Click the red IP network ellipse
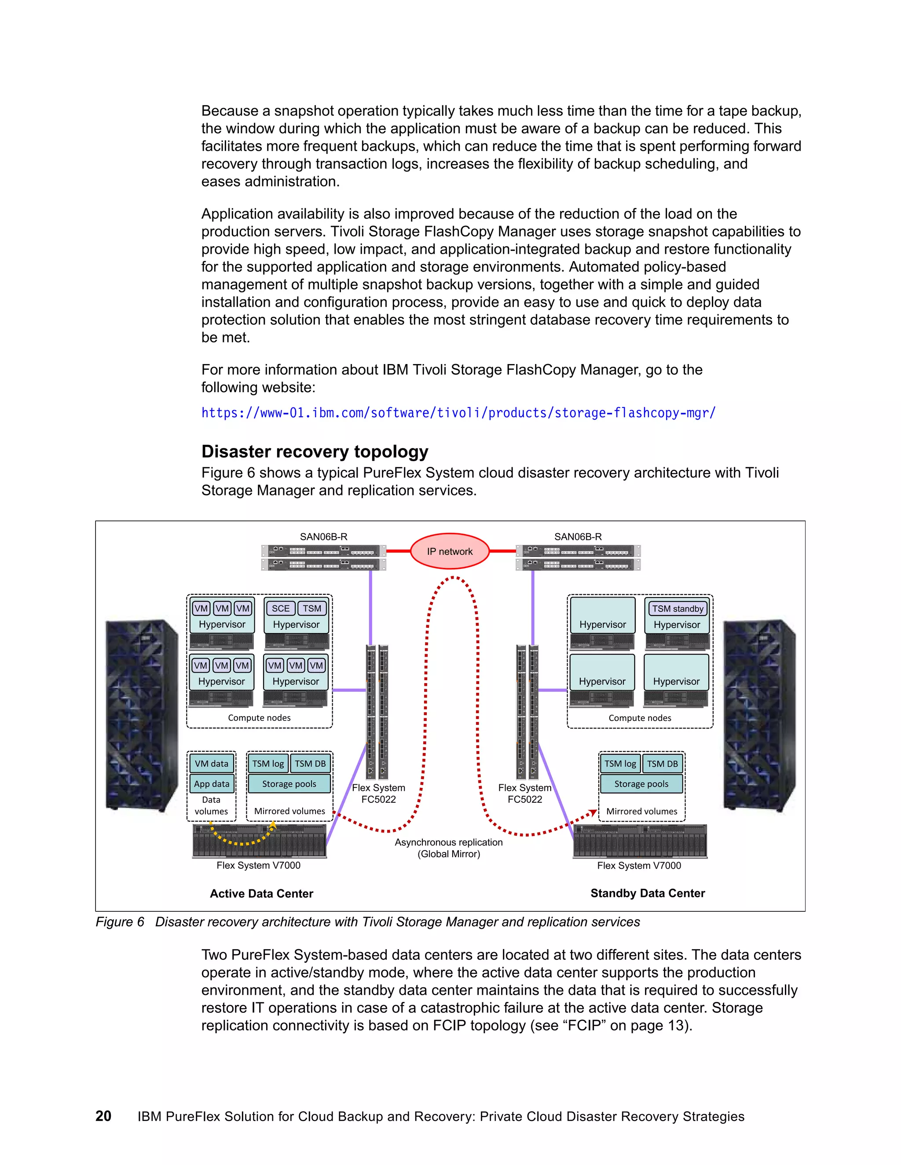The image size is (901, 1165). pyautogui.click(x=450, y=551)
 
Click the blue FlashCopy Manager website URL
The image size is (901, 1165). pyautogui.click(x=458, y=413)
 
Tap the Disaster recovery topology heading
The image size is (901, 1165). pyautogui.click(x=315, y=451)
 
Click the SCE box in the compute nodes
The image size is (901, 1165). pyautogui.click(x=280, y=608)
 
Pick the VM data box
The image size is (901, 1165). pyautogui.click(x=211, y=763)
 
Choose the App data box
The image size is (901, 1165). pyautogui.click(x=211, y=783)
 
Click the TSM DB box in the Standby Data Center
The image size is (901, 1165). pyautogui.click(x=663, y=763)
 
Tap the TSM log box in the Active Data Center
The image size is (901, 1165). pyautogui.click(x=268, y=763)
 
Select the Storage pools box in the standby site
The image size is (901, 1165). pyautogui.click(x=641, y=783)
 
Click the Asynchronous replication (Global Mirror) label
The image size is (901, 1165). pyautogui.click(x=448, y=848)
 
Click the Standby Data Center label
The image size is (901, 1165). pyautogui.click(x=648, y=893)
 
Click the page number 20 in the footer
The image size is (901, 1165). pyautogui.click(x=103, y=1116)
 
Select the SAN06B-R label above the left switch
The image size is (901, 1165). pyautogui.click(x=323, y=537)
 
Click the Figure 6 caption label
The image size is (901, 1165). pyautogui.click(x=120, y=922)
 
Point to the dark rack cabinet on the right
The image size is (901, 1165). pyautogui.click(x=758, y=715)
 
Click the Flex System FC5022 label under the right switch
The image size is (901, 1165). pyautogui.click(x=525, y=793)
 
